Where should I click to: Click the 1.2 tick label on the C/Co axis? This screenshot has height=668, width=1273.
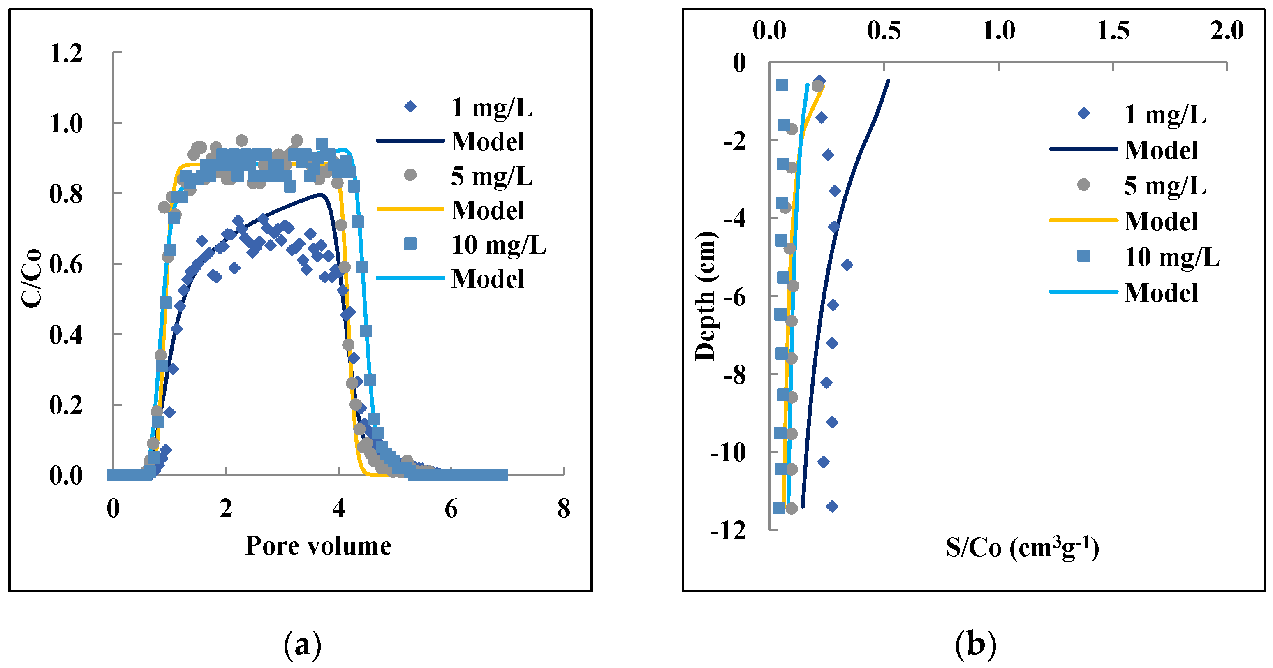tap(66, 53)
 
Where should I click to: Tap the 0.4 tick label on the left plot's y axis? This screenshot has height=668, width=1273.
tap(66, 335)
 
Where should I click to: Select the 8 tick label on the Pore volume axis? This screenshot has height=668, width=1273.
tap(563, 509)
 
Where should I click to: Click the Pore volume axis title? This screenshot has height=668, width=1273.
tap(318, 546)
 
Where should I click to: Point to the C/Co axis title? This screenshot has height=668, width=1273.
tap(32, 278)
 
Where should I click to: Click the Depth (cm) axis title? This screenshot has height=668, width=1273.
tap(705, 296)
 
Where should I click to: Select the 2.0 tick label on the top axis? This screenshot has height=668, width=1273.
tap(1227, 31)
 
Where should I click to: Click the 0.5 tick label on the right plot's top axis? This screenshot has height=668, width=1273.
tap(884, 31)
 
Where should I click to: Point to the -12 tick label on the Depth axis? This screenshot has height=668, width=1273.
tap(728, 532)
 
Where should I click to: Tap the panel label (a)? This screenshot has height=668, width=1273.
tap(303, 644)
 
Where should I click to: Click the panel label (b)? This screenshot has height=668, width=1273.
tap(975, 644)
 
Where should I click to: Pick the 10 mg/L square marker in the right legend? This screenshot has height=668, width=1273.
tap(1083, 256)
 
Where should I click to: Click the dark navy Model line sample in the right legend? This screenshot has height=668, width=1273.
tap(1083, 149)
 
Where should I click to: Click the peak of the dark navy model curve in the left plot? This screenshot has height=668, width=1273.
tap(321, 194)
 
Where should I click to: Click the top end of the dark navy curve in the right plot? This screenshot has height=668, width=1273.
tap(888, 81)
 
